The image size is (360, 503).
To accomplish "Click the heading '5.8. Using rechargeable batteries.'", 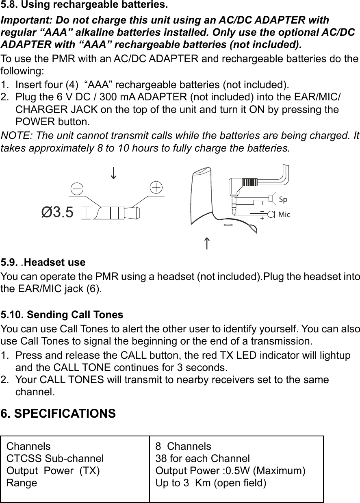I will click(84, 6).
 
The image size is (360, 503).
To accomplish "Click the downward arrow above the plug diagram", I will click(114, 172).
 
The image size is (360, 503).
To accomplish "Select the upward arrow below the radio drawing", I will click(207, 244).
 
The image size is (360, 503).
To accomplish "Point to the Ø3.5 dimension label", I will click(58, 212).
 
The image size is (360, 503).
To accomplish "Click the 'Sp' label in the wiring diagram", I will click(283, 200).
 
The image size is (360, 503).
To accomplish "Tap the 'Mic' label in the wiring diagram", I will click(284, 214).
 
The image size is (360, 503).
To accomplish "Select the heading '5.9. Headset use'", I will click(43, 262).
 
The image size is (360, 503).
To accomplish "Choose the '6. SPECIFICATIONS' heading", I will click(59, 414).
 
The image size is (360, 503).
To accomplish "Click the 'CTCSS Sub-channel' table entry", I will click(55, 458).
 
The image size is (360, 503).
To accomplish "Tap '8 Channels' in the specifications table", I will click(183, 446).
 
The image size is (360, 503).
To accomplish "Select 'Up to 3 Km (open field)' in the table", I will click(211, 483).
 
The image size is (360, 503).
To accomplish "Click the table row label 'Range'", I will click(22, 483).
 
